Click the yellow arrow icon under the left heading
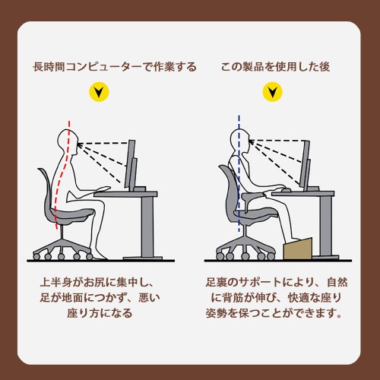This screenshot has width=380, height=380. (99, 92)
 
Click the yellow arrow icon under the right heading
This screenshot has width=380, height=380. (272, 92)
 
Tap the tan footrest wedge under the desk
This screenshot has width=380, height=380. (298, 249)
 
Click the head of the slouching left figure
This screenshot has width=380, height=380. (68, 142)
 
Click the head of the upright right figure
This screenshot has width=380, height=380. (240, 141)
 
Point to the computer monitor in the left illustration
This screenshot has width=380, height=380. (131, 165)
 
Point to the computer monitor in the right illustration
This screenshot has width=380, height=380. (306, 165)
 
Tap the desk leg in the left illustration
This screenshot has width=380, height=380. (147, 226)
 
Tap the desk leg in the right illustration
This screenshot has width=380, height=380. (325, 226)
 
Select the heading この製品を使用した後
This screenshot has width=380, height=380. (275, 67)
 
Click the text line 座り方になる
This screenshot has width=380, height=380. (100, 313)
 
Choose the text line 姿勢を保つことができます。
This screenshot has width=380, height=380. (274, 313)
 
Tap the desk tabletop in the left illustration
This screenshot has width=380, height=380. (126, 194)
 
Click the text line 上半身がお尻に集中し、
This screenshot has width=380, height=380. (97, 282)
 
